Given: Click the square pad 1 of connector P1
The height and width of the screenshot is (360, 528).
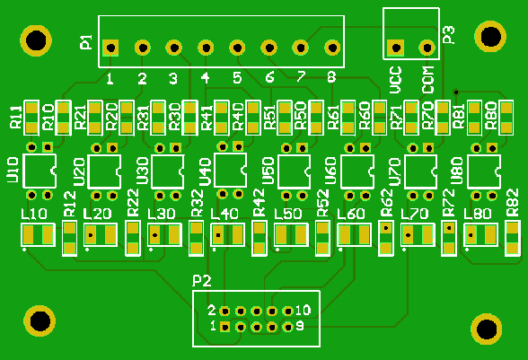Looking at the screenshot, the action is pos(110,48).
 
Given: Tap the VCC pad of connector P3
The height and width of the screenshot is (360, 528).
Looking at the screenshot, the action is pos(395,48).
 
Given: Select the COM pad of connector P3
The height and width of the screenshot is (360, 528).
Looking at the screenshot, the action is pos(427,48).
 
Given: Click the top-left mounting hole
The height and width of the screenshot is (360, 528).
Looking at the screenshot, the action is pos(36,40).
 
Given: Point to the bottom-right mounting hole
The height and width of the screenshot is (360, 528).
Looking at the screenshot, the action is pos(487,329).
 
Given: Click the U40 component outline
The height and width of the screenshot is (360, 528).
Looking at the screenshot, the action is pos(230,170).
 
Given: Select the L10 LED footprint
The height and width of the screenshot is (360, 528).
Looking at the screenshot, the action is pos(38,234).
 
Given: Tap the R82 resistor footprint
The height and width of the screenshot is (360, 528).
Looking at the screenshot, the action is pos(513,238).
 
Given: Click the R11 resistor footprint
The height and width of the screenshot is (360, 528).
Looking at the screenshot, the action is pos(31,118).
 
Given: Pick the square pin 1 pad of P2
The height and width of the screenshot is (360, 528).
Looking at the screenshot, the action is pos(224,327).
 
